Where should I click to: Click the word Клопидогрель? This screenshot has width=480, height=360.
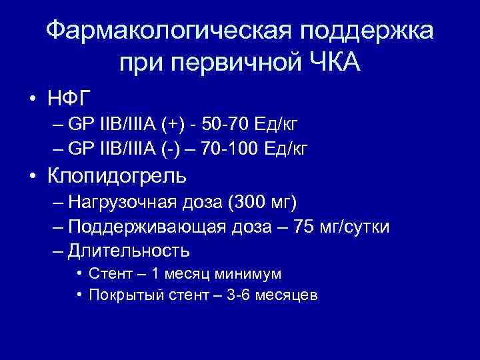coord(119,177)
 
